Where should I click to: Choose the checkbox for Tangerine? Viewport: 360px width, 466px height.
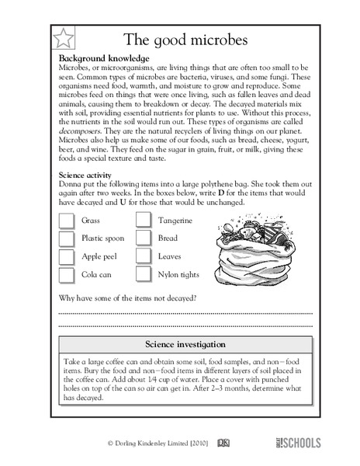(144, 221)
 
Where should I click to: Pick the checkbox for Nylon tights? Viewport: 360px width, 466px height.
(144, 274)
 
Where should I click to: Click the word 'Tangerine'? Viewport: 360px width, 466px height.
(175, 221)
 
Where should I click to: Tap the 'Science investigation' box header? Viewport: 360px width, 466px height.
(185, 343)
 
